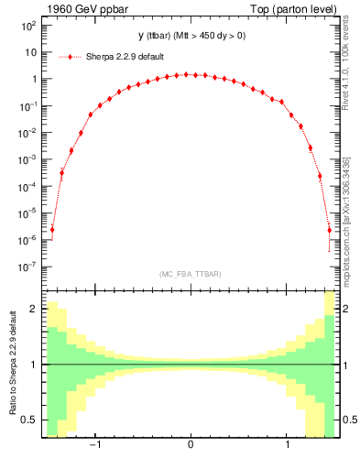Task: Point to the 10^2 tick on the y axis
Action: click(29, 26)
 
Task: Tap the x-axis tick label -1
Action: click(95, 446)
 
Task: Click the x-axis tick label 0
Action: click(190, 446)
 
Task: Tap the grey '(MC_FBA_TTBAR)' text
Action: click(190, 274)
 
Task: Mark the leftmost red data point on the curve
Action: click(52, 230)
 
